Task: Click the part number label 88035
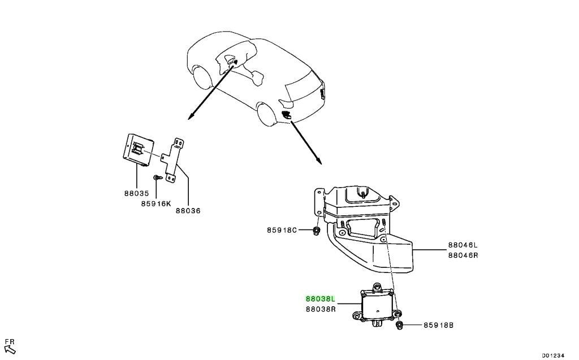click(x=136, y=193)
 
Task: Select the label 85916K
click(x=156, y=203)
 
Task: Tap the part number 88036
click(x=188, y=211)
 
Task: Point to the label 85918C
click(x=282, y=230)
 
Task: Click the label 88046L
click(x=463, y=245)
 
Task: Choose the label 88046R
click(x=463, y=255)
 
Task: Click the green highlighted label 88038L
click(x=320, y=298)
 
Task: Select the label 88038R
click(x=321, y=309)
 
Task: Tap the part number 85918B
click(x=438, y=326)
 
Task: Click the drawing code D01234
click(x=553, y=355)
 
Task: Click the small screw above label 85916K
click(x=157, y=177)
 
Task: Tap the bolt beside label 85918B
click(x=399, y=326)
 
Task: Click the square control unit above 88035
click(x=138, y=150)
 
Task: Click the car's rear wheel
click(x=266, y=115)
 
